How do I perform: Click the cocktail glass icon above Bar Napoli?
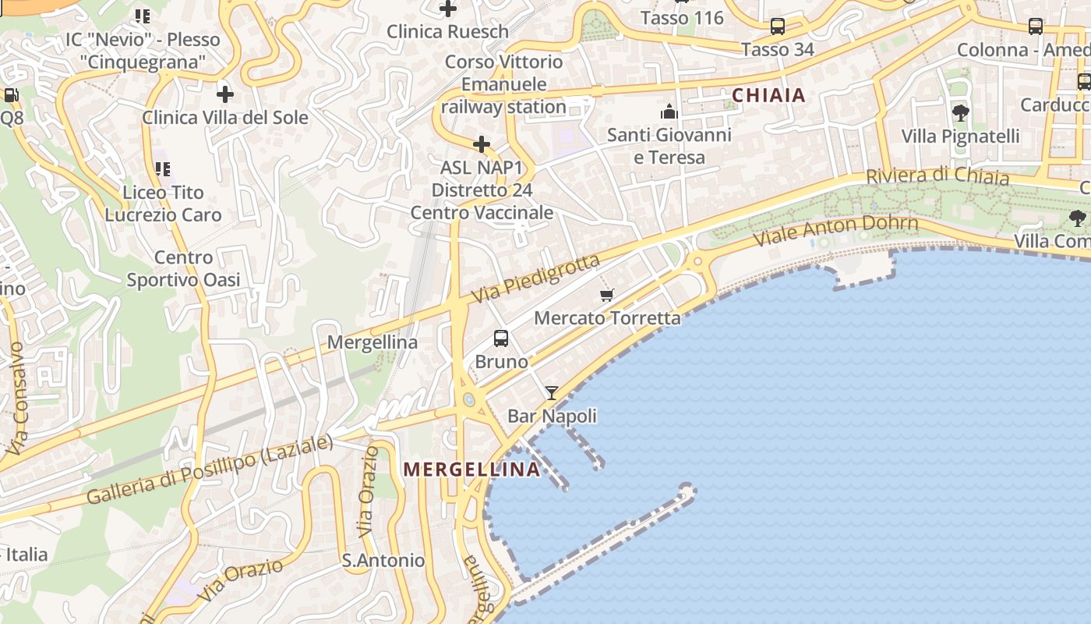tap(552, 393)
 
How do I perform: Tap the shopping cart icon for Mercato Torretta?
tap(607, 295)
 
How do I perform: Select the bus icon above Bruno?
tap(501, 339)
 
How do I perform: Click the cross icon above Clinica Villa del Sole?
tap(225, 94)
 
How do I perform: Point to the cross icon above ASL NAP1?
tap(482, 144)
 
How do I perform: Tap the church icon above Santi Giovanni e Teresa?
tap(669, 112)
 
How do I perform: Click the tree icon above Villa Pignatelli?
tap(960, 113)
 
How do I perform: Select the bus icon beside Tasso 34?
tap(777, 27)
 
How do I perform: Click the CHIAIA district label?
tap(768, 95)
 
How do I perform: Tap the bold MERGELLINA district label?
tap(472, 469)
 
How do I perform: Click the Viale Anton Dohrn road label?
tap(836, 230)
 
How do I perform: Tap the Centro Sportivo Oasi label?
tap(183, 268)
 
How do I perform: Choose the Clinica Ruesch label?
tap(447, 32)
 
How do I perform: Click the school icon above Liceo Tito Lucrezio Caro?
tap(162, 168)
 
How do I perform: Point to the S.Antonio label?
tap(383, 560)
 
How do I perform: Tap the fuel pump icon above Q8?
tap(11, 95)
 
